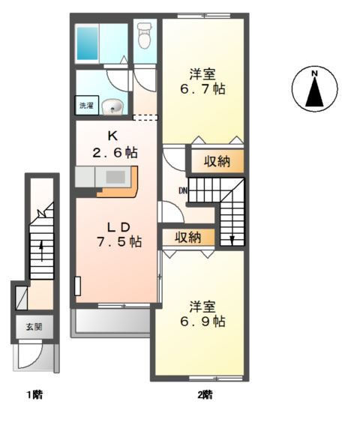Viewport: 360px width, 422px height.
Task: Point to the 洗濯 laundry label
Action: click(87, 106)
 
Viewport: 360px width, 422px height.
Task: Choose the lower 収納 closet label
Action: click(188, 238)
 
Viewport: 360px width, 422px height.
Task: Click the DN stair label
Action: click(183, 190)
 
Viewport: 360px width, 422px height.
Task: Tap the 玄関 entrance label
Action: click(34, 327)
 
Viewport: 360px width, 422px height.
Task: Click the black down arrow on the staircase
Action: click(232, 239)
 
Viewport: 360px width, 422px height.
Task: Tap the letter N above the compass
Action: click(315, 73)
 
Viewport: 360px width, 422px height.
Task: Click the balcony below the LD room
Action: click(112, 322)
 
